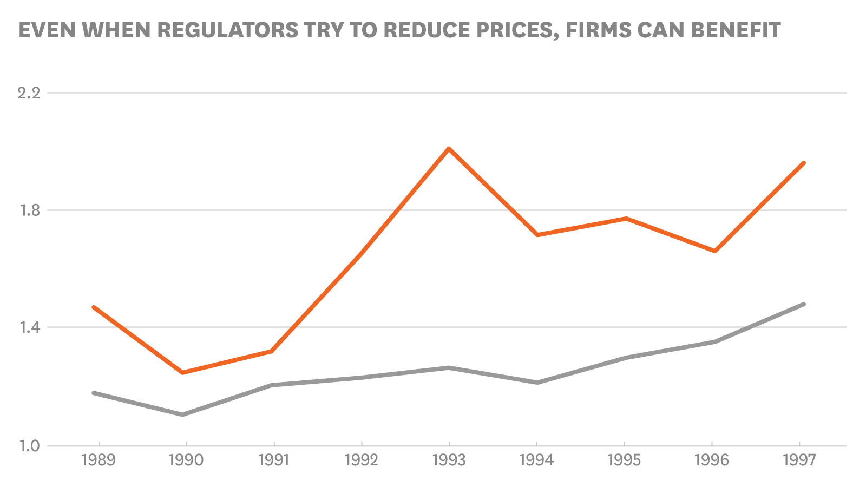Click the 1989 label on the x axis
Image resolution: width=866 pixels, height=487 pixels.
tap(98, 460)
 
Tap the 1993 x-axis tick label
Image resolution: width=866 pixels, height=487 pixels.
tap(449, 460)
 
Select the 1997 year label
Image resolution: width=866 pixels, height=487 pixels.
tap(799, 460)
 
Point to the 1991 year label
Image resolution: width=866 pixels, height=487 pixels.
tap(273, 460)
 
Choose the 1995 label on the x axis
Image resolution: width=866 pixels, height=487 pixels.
tap(624, 460)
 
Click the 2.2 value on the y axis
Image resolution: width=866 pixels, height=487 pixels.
tap(29, 93)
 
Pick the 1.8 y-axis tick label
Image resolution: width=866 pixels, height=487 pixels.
tap(30, 210)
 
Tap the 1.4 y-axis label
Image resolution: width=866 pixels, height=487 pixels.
tap(30, 327)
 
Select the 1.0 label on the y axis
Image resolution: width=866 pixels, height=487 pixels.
tap(30, 446)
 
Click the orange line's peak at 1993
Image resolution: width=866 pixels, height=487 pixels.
tap(449, 148)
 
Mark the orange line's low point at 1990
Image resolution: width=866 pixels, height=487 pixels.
tap(182, 373)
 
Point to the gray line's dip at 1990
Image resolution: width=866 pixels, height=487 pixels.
tap(182, 414)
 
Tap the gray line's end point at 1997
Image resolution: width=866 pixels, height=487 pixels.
tap(804, 304)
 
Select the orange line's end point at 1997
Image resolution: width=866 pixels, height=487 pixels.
tap(804, 163)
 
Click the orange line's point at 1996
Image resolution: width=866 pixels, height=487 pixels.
tap(715, 251)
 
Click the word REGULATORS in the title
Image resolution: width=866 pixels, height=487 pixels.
tap(227, 30)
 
